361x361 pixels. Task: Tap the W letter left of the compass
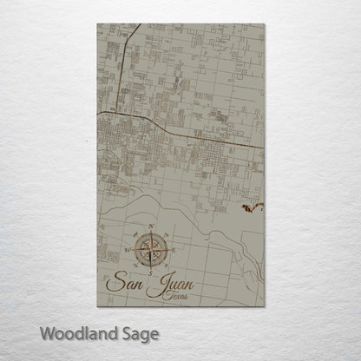129,250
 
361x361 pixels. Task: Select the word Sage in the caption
138,333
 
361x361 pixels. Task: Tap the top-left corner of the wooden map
97,24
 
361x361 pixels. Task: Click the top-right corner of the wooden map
264,24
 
